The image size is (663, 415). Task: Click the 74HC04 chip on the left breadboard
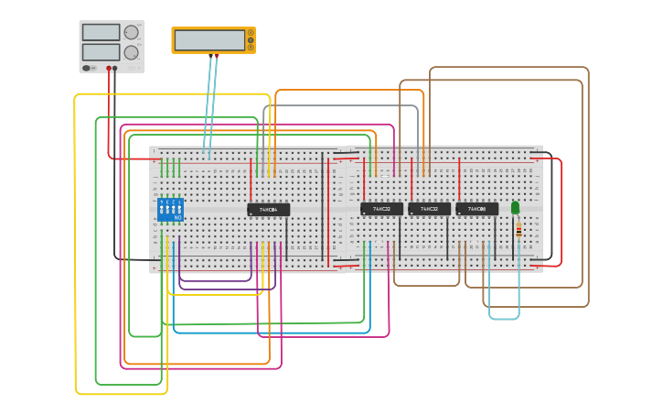click(268, 210)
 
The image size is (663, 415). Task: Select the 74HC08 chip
click(476, 209)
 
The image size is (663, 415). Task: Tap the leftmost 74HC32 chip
click(381, 209)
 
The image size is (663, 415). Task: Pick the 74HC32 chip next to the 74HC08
click(429, 209)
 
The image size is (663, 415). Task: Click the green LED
click(516, 208)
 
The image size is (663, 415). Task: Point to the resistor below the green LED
click(519, 229)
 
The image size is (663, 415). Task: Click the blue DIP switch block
click(170, 210)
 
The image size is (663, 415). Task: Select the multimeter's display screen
click(209, 40)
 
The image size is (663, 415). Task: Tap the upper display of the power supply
click(101, 32)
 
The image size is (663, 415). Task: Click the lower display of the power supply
click(101, 51)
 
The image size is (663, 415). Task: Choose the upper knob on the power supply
click(132, 33)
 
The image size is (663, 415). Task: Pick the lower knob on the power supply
click(132, 52)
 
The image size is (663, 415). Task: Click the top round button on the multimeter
click(251, 33)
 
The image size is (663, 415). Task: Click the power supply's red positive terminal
click(109, 68)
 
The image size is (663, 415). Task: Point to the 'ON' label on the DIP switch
click(177, 218)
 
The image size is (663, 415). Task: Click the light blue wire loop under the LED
click(503, 318)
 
